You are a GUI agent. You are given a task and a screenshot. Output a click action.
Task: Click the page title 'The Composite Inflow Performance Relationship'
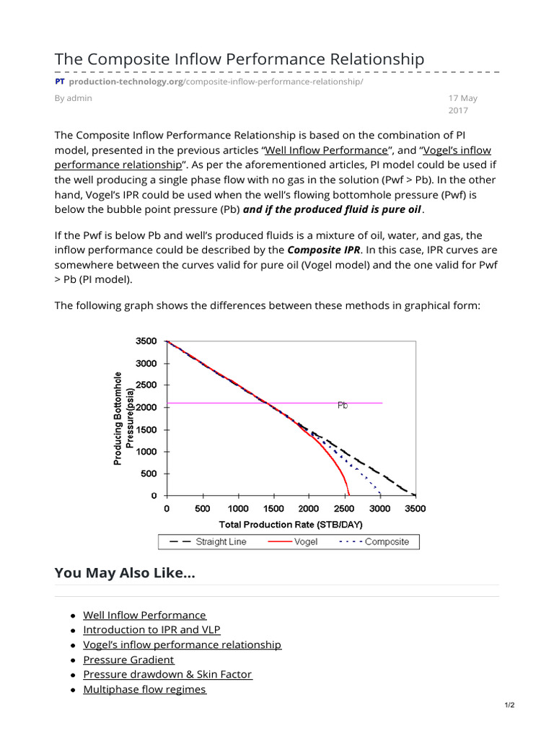point(239,58)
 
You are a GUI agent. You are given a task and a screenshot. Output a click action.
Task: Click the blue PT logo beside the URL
point(60,82)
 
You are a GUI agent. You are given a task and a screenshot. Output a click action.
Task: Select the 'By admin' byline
point(74,98)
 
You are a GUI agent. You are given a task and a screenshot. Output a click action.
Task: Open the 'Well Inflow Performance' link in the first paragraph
point(326,150)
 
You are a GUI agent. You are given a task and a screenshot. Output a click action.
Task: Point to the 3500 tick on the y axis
point(146,341)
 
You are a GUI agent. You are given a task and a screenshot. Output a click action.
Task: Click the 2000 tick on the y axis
point(146,407)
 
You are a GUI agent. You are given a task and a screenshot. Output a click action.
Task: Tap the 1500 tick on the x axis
point(273,508)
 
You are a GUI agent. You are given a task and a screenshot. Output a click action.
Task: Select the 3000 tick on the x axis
point(379,508)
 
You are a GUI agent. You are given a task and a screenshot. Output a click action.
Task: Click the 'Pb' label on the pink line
point(343,406)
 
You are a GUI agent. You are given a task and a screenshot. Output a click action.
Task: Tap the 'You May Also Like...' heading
point(125,573)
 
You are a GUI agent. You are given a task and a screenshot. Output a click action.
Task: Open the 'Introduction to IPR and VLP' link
point(151,629)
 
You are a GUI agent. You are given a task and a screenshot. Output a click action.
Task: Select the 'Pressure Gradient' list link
point(128,660)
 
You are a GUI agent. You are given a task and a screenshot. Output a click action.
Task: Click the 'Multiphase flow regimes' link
point(144,689)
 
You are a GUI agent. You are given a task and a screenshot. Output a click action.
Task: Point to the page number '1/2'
point(510,705)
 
